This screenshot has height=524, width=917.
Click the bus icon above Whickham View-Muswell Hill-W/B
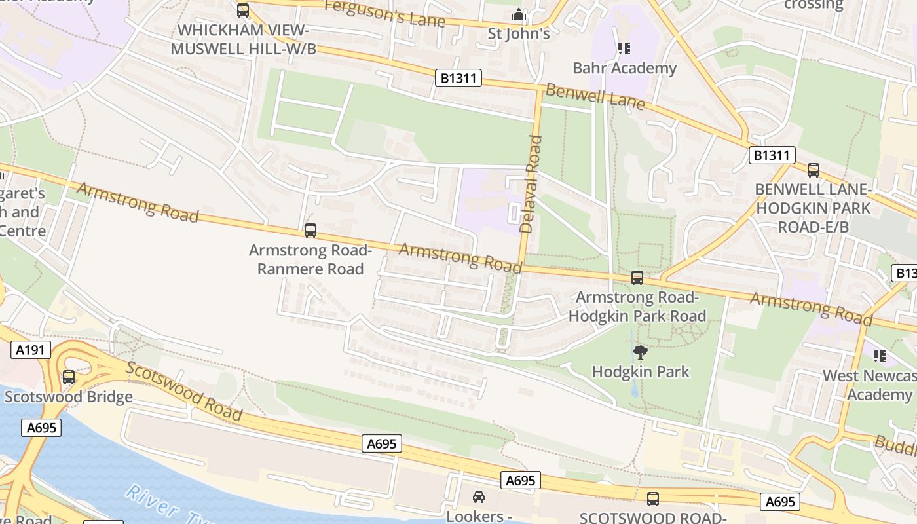(x=243, y=10)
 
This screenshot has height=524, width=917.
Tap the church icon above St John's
(x=519, y=14)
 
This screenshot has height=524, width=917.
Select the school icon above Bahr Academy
(x=624, y=48)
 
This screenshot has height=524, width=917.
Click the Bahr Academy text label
(x=624, y=68)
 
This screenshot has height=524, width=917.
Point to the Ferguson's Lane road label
(x=384, y=13)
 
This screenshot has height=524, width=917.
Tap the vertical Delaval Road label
(x=531, y=184)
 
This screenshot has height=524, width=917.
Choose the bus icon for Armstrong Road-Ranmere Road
(x=310, y=231)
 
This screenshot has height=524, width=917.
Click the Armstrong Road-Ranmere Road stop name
(x=310, y=259)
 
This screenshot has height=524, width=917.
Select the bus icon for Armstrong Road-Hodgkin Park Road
(x=637, y=278)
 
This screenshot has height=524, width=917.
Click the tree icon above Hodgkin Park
(x=641, y=353)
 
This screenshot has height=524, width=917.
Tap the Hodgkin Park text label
(x=641, y=372)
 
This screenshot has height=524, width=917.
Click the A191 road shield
(x=30, y=350)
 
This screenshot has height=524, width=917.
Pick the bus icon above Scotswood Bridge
(x=69, y=377)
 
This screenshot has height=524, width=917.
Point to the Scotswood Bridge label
(x=69, y=397)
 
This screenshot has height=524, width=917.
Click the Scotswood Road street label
(x=185, y=391)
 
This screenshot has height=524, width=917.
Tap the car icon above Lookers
(x=479, y=497)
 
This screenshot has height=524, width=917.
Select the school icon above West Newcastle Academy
(x=880, y=356)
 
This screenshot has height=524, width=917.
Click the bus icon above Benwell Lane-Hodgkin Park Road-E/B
(x=814, y=170)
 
